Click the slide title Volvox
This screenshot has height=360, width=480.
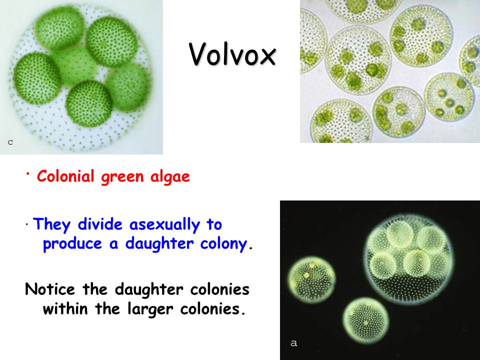(x=232, y=54)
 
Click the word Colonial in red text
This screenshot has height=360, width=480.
(x=65, y=176)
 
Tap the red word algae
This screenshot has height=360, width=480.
(x=170, y=177)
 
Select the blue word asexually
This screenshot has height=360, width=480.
(x=164, y=224)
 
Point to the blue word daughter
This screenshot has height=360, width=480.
(x=159, y=244)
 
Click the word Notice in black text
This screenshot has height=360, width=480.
(x=50, y=289)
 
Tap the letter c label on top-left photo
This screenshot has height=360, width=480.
(x=10, y=142)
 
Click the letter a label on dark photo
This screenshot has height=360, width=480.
(x=293, y=343)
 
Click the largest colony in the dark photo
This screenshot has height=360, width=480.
(x=409, y=259)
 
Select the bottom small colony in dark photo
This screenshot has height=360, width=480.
(x=366, y=321)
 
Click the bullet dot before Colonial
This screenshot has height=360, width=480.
(x=27, y=173)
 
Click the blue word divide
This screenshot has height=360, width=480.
(x=100, y=224)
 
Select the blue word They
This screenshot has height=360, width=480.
(x=51, y=224)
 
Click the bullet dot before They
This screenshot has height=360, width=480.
(x=27, y=225)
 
